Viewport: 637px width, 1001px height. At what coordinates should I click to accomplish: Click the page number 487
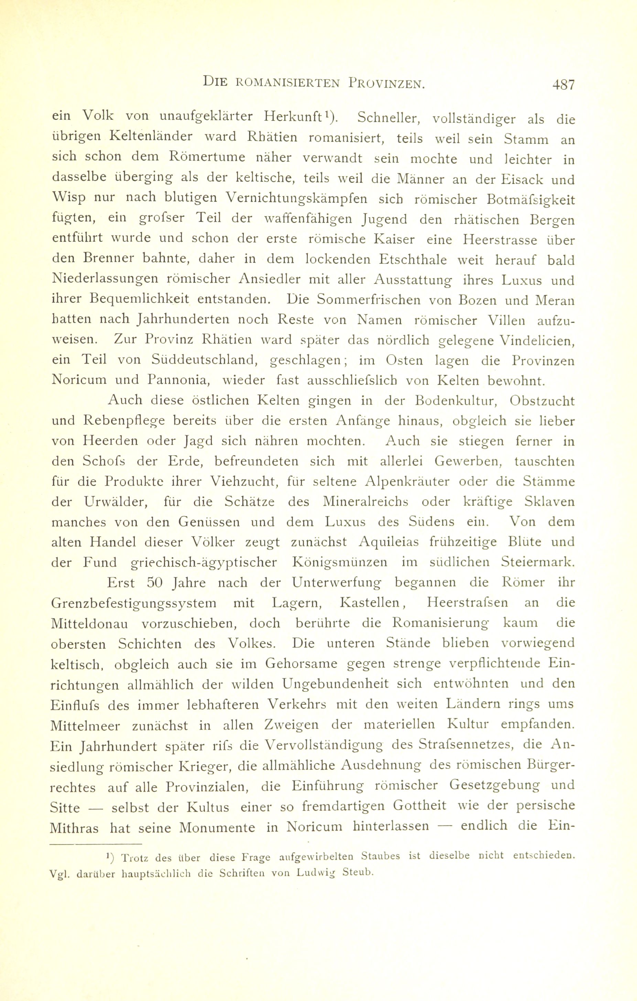pos(563,85)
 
